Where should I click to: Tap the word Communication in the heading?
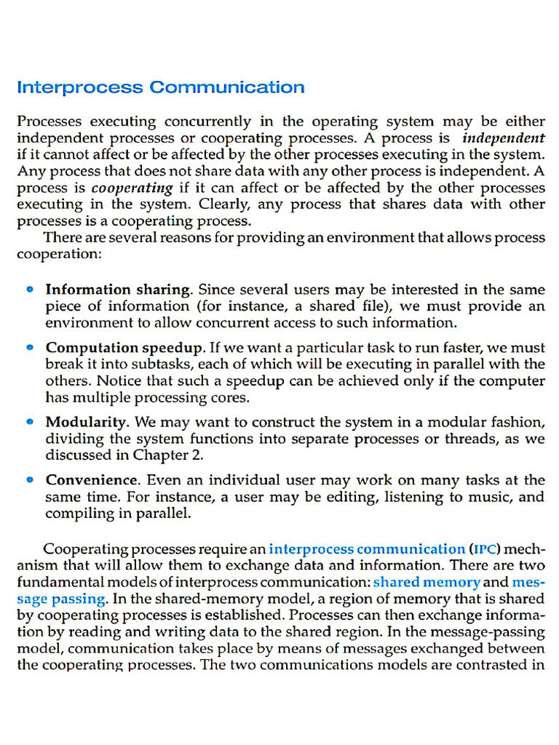(227, 88)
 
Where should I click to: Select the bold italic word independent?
(504, 138)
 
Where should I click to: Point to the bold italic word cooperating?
(132, 188)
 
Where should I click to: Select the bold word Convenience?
(92, 480)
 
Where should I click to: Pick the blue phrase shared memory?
(427, 582)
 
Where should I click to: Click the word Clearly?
(225, 204)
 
